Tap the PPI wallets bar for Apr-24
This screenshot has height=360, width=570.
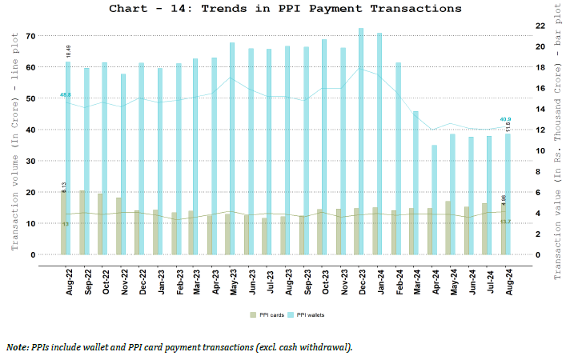tap(434, 200)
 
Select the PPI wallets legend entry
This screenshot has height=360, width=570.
tap(307, 314)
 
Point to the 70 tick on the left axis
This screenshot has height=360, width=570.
tap(30, 36)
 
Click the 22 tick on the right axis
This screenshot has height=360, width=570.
tap(540, 26)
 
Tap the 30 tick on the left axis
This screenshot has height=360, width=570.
tap(30, 161)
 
